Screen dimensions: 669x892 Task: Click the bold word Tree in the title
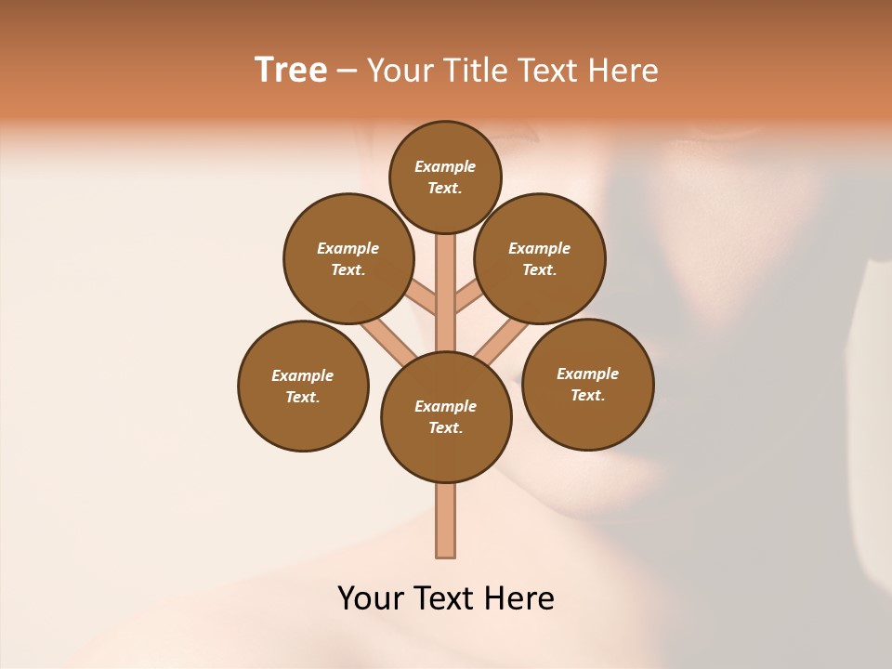tap(291, 71)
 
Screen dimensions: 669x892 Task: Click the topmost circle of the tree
tap(445, 177)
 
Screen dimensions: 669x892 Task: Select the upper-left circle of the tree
tap(348, 258)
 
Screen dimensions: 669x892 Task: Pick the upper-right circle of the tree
tap(540, 258)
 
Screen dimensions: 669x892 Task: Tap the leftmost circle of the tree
tap(303, 386)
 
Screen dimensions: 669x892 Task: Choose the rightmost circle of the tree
tap(587, 384)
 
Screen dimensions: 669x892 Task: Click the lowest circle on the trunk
tap(446, 417)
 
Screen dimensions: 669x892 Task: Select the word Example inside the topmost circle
tap(445, 167)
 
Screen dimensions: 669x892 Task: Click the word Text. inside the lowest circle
tap(446, 428)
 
